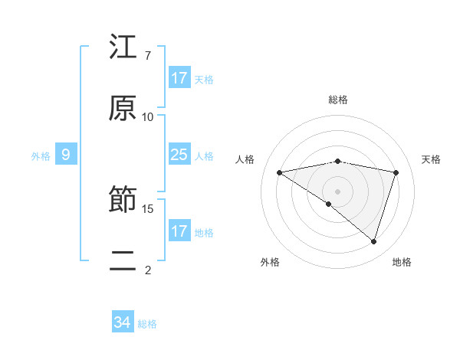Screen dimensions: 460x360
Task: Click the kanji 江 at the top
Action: click(123, 47)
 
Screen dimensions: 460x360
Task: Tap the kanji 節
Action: click(123, 201)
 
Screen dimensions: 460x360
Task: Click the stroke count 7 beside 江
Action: click(147, 56)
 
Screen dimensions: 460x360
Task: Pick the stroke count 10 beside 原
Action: click(148, 116)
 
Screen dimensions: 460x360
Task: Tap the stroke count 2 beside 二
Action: click(147, 270)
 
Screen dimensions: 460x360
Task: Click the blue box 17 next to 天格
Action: click(179, 78)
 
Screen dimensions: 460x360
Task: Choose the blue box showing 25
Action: click(179, 155)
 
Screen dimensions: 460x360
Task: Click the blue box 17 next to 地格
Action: click(179, 231)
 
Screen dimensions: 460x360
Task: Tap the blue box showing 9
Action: click(66, 155)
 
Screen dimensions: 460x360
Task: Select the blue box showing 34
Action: click(123, 323)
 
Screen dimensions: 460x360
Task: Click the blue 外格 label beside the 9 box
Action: click(41, 155)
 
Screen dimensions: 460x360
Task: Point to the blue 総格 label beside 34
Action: click(147, 324)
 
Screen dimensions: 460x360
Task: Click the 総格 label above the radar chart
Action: click(338, 100)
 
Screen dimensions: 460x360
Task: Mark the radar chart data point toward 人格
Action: click(280, 172)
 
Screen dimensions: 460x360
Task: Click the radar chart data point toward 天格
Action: click(396, 172)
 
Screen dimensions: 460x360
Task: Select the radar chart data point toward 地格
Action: click(373, 241)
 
